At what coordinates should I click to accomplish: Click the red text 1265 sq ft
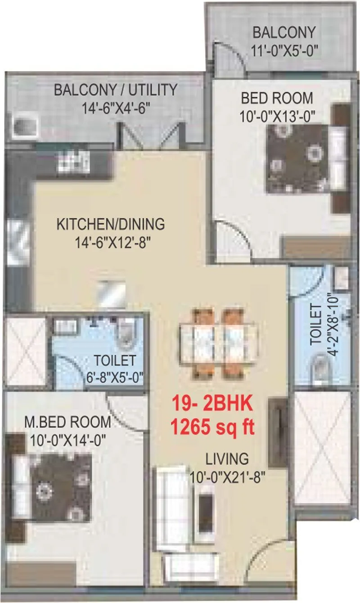tap(213, 426)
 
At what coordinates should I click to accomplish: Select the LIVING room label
tap(227, 459)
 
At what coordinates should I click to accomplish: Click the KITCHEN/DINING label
tap(110, 224)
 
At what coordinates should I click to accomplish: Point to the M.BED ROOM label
tap(67, 422)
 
